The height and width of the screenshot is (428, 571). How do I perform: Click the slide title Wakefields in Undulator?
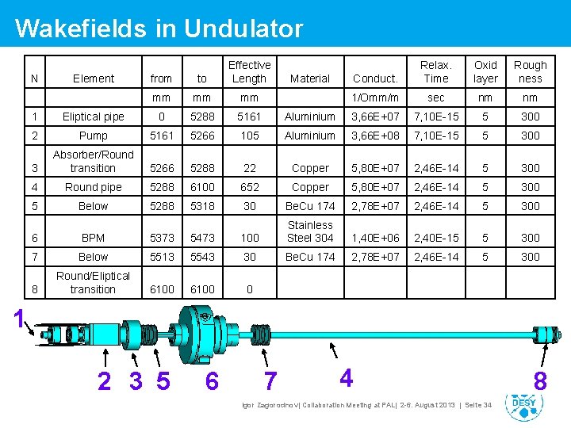pyautogui.click(x=159, y=29)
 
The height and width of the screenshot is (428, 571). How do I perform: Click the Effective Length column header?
pyautogui.click(x=249, y=71)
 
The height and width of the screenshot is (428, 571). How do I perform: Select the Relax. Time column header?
pyautogui.click(x=435, y=71)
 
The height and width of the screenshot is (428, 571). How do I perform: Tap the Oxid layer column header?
pyautogui.click(x=485, y=71)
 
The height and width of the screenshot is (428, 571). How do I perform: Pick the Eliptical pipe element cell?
pyautogui.click(x=94, y=117)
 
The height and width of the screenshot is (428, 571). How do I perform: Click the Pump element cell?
pyautogui.click(x=94, y=136)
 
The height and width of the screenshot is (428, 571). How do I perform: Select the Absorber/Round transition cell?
pyautogui.click(x=94, y=161)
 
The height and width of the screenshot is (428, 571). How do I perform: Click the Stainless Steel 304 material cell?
pyautogui.click(x=310, y=231)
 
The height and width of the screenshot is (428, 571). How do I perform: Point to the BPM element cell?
pyautogui.click(x=94, y=238)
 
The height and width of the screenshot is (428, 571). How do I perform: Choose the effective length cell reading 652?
pyautogui.click(x=249, y=187)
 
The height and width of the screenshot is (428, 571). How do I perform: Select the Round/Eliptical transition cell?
pyautogui.click(x=94, y=282)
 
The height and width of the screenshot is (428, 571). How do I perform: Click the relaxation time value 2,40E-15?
pyautogui.click(x=435, y=238)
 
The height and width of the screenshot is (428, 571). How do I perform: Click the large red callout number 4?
pyautogui.click(x=346, y=377)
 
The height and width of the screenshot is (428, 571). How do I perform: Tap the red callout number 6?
pyautogui.click(x=212, y=381)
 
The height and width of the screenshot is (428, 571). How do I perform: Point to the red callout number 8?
pyautogui.click(x=540, y=381)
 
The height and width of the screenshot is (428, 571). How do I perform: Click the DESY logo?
pyautogui.click(x=524, y=403)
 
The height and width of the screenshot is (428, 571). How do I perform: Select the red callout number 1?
pyautogui.click(x=19, y=319)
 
